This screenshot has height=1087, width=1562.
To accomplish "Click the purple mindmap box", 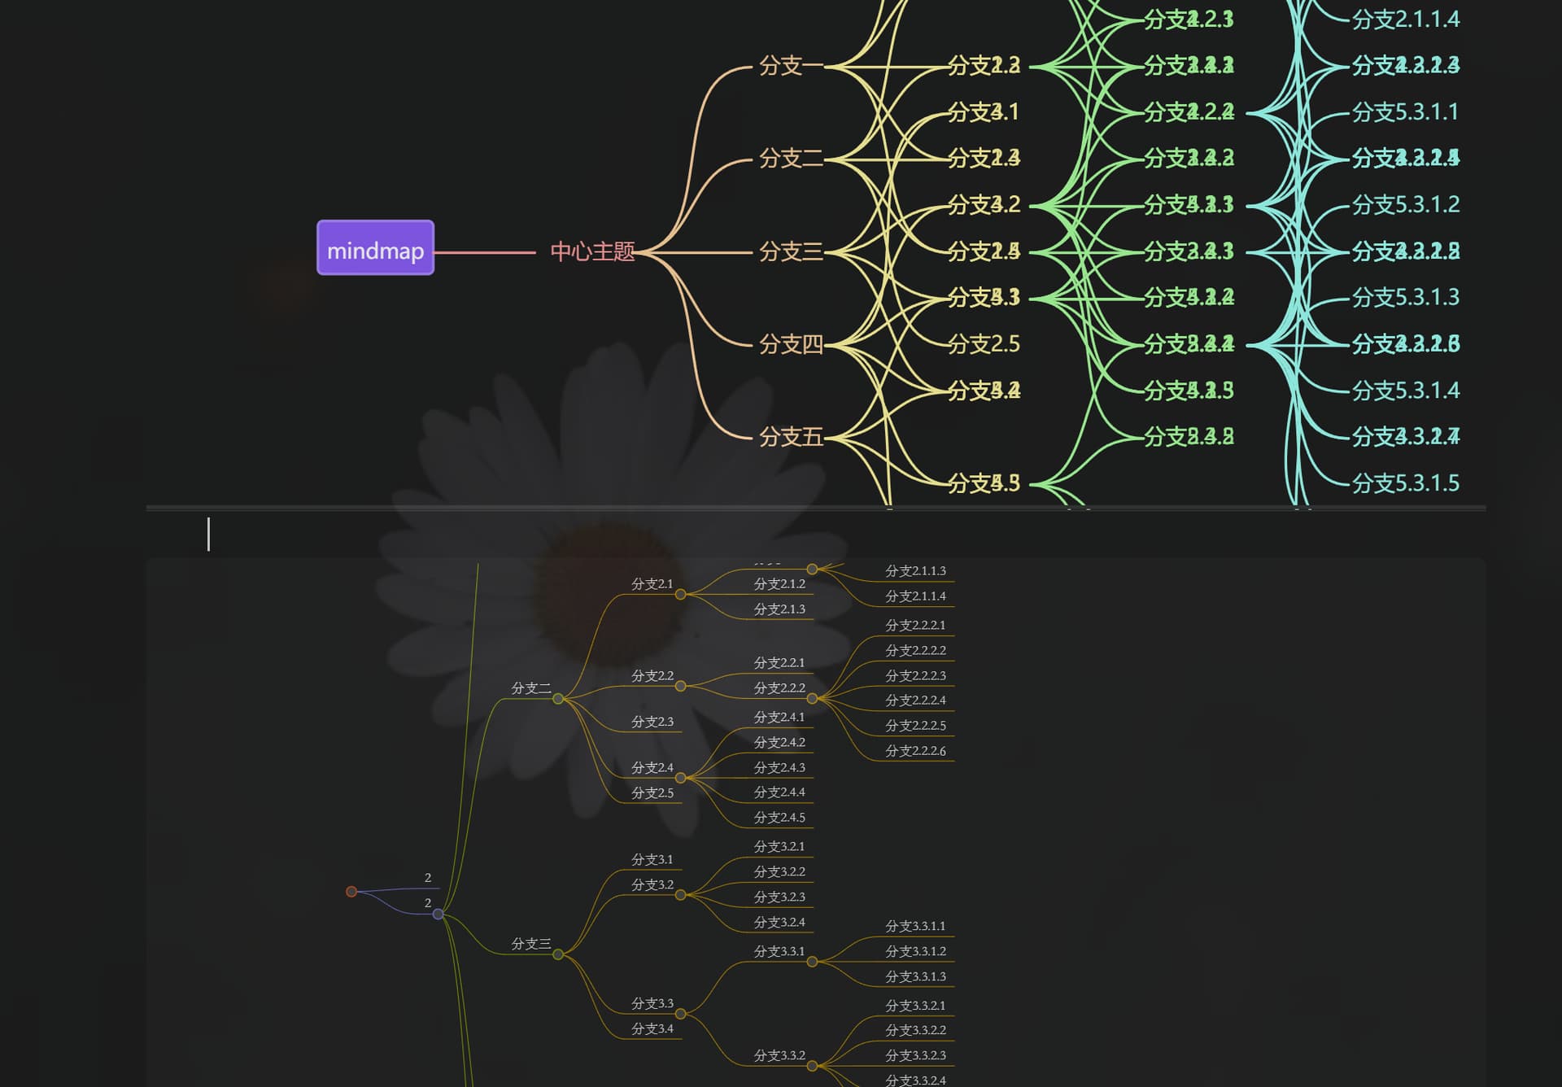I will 375,248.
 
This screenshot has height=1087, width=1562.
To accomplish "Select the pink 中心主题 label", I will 591,251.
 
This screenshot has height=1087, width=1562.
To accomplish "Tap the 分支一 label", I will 790,66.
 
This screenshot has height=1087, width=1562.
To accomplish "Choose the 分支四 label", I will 790,345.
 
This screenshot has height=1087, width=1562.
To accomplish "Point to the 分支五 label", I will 790,438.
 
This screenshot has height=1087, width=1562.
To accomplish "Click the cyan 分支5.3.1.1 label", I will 1405,112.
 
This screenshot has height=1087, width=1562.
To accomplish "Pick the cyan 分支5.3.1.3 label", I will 1405,298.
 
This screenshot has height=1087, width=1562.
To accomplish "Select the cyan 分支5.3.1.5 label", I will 1405,483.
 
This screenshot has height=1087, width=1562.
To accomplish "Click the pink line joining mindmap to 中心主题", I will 485,252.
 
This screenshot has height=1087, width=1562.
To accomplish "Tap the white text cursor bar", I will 208,535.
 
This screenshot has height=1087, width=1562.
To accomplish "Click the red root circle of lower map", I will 351,892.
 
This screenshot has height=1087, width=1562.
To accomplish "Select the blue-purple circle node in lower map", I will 438,915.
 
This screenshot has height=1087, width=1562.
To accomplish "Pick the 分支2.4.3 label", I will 779,767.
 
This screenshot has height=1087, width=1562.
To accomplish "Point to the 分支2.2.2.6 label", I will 915,751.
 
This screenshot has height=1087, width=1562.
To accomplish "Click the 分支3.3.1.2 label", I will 915,951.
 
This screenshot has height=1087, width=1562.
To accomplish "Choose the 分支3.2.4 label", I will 779,922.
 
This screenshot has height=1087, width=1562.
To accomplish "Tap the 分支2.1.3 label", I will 779,609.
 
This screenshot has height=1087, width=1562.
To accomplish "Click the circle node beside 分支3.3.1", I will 812,962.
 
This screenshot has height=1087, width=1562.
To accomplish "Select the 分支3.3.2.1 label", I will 915,1006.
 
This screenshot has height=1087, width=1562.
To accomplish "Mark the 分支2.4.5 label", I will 779,818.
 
